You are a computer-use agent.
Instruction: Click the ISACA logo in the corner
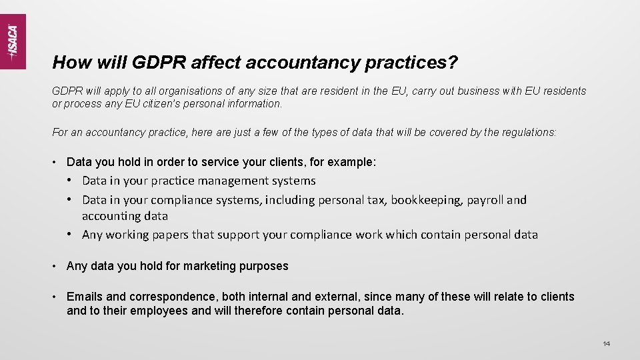pyautogui.click(x=13, y=41)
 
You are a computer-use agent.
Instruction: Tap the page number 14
pyautogui.click(x=606, y=343)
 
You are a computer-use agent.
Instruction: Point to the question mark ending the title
pyautogui.click(x=453, y=63)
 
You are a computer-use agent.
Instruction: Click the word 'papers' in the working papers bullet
pyautogui.click(x=167, y=235)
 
